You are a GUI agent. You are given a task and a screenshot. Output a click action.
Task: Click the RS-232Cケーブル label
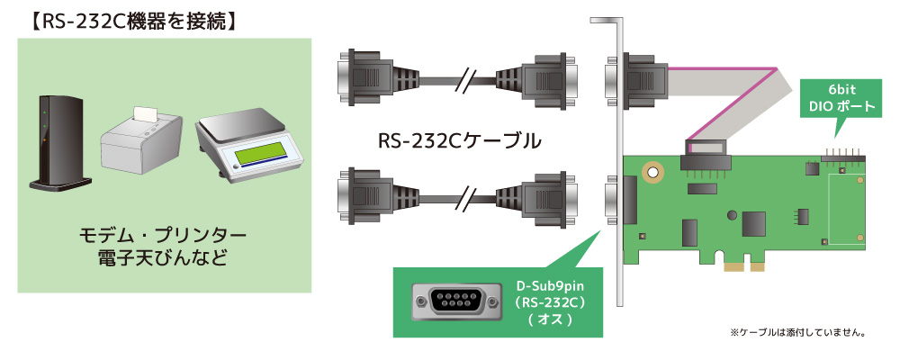pyautogui.click(x=458, y=140)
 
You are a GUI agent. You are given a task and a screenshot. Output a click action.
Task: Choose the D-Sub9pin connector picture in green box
pyautogui.click(x=450, y=301)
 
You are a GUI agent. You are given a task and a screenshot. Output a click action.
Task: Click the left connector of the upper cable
pyautogui.click(x=362, y=79)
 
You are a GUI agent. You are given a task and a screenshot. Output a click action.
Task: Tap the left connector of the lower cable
pyautogui.click(x=362, y=193)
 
